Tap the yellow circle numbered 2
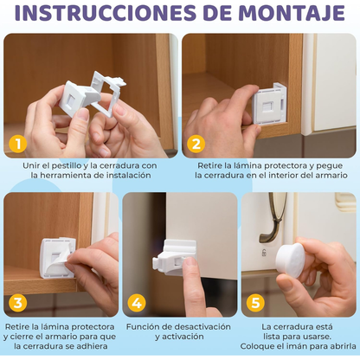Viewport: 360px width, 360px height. coord(196,144)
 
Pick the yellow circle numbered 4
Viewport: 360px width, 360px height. coord(137,303)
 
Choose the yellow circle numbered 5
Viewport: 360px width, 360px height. coord(254,303)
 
